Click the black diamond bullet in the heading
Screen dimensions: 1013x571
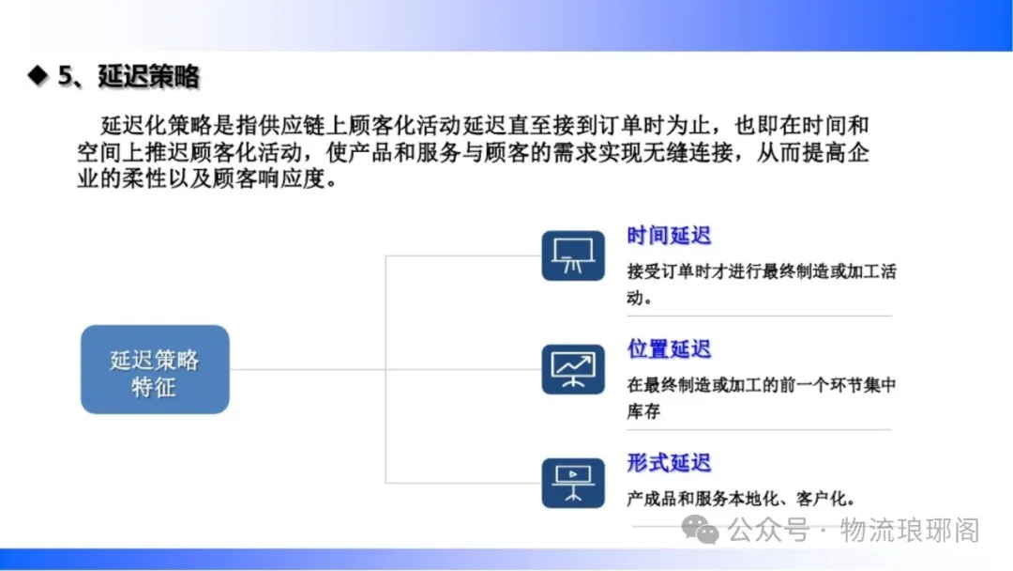38,75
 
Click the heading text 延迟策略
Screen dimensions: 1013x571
148,76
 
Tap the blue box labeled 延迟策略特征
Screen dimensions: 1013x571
155,369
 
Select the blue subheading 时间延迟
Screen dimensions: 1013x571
669,236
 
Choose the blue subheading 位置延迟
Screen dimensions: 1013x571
669,349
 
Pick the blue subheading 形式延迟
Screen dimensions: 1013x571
669,463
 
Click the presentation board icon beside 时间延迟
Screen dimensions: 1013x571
573,255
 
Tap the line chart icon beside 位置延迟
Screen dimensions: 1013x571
573,369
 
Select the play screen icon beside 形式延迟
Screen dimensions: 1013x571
573,483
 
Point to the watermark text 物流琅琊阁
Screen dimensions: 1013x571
910,531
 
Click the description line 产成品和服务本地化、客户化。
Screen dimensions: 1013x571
742,499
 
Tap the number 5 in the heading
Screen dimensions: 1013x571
66,76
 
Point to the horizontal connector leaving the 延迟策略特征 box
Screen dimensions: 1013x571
308,370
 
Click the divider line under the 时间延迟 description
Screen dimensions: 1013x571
759,316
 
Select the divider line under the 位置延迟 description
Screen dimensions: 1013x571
759,429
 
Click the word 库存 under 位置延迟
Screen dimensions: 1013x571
643,411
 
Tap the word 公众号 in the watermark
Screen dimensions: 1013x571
769,531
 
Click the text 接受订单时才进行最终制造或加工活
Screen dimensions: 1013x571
762,271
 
